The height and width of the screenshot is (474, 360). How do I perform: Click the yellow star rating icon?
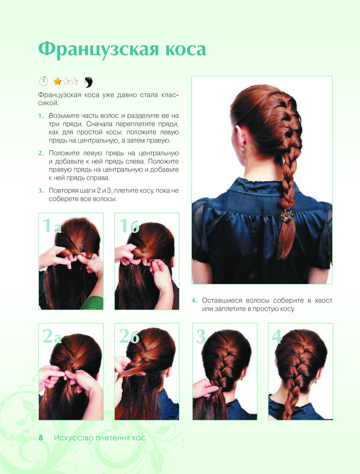tap(57, 82)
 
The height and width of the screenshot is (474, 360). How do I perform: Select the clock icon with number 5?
tap(44, 81)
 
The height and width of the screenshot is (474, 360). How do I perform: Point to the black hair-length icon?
tap(88, 82)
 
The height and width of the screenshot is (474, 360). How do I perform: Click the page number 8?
tap(41, 438)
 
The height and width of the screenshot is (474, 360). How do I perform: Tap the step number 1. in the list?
tap(41, 116)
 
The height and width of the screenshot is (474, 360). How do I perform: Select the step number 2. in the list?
tap(41, 153)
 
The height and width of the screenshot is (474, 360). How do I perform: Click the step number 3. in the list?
tap(41, 191)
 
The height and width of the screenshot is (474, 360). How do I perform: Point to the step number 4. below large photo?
tap(194, 301)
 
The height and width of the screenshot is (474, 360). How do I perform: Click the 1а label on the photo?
tap(52, 225)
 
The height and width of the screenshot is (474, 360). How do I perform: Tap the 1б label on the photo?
tap(129, 225)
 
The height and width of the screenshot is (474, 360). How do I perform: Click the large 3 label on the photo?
tap(201, 336)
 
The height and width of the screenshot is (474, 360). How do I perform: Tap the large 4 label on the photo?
tap(277, 336)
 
